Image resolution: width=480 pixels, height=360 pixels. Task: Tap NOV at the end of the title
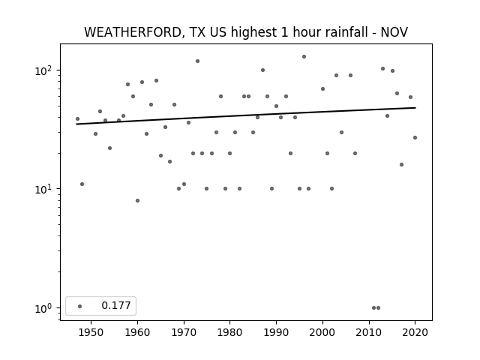(x=394, y=32)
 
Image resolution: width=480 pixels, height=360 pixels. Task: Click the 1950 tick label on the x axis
(x=91, y=332)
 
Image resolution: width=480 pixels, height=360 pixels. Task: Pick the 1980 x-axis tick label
(x=230, y=332)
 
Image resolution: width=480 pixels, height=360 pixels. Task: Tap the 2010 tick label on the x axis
(x=369, y=332)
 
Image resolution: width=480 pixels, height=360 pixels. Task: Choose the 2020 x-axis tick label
(x=415, y=332)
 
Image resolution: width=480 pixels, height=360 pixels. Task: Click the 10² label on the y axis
(x=43, y=71)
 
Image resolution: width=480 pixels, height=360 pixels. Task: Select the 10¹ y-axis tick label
(x=43, y=190)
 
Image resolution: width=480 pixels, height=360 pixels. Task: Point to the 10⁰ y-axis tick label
(x=43, y=308)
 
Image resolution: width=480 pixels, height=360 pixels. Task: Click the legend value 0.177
(x=116, y=305)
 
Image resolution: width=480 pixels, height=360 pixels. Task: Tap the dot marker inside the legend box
(x=80, y=306)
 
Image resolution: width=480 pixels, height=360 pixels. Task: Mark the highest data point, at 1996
(x=304, y=57)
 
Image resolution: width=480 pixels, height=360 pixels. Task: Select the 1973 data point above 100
(x=197, y=61)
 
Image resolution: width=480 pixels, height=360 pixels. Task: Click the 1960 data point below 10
(x=137, y=201)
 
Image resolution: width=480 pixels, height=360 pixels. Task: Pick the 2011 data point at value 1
(x=373, y=308)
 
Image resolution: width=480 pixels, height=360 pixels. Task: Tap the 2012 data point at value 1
(x=378, y=308)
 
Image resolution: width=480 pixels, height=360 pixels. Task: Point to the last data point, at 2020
(x=415, y=138)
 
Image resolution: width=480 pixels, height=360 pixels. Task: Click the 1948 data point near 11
(x=82, y=184)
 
